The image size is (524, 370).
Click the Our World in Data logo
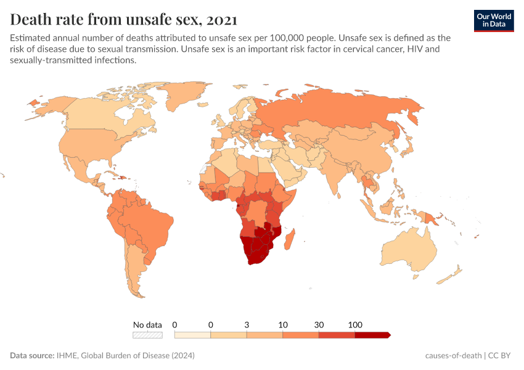coord(494,20)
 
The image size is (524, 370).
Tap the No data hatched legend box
coord(148,335)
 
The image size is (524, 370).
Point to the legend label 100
coord(355,324)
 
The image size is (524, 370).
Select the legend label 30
coord(319,324)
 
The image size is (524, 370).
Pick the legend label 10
coord(283,324)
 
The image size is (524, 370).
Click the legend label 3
coord(247,324)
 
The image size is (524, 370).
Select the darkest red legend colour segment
coord(372,335)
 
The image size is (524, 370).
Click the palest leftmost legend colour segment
coord(192,335)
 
